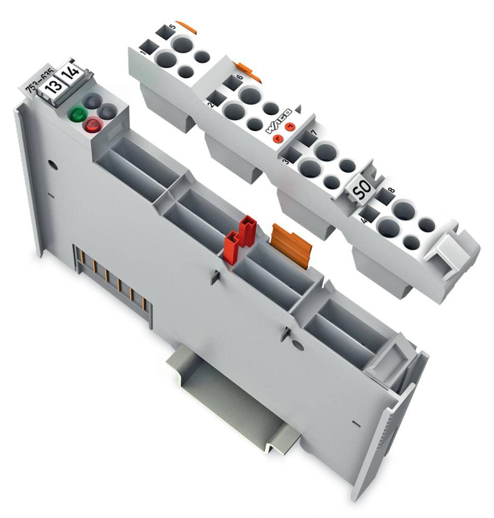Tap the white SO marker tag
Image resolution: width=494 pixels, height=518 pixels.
[359, 192]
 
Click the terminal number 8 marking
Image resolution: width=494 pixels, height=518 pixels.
[391, 190]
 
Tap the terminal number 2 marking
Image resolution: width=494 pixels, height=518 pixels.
[210, 104]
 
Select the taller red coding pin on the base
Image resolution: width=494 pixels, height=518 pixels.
[247, 231]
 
